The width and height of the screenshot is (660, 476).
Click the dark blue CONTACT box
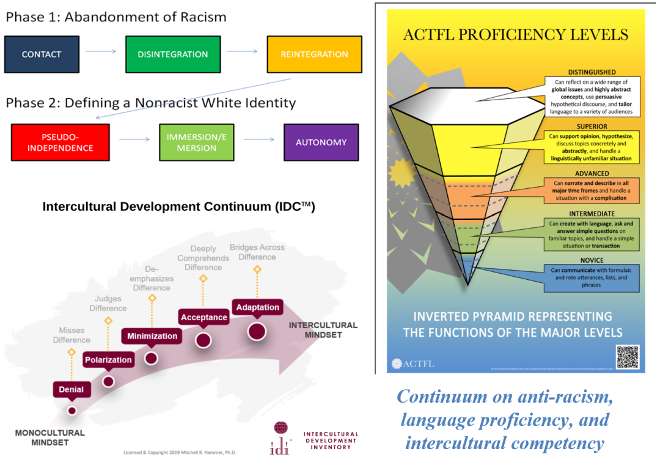42,54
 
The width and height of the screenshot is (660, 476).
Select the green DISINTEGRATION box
173,54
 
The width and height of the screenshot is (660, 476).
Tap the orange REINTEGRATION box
314,54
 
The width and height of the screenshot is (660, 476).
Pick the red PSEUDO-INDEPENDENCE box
60,142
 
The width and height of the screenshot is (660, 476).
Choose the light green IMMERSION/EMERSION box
196,142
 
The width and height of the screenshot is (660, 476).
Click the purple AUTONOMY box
321,142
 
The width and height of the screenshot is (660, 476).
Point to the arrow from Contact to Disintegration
101,51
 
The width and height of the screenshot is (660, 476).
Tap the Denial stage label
71,389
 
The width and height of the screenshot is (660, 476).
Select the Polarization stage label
108,360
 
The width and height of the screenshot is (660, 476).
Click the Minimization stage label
152,335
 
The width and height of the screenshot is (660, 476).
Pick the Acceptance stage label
204,317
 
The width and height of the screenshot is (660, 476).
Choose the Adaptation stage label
257,307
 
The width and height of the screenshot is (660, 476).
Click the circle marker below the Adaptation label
257,331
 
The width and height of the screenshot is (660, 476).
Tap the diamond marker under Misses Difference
71,353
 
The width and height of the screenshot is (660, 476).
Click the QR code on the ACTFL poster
627,357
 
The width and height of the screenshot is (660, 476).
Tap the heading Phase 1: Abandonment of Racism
116,16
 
